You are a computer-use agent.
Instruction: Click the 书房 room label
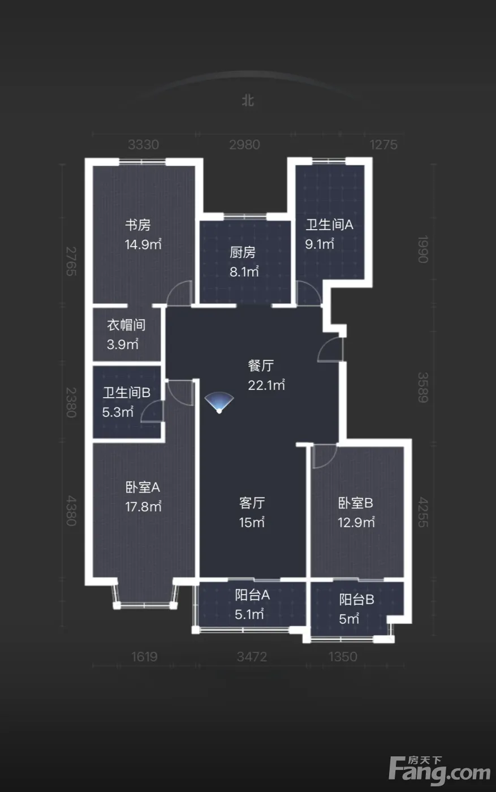pos(138,225)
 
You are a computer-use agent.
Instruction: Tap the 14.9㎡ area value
pos(143,244)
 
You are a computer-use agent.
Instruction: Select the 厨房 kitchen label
pos(243,252)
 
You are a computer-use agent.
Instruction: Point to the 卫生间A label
pos(329,225)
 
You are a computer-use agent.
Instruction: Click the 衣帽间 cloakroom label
pos(126,325)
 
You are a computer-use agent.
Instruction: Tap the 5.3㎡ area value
pos(118,412)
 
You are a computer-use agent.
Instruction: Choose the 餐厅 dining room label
pos(261,365)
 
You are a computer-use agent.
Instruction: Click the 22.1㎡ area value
pos(266,385)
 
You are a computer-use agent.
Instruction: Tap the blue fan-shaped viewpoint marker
pos(219,403)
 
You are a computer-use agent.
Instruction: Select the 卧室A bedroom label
pos(143,488)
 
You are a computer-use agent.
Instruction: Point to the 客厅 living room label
pos(252,503)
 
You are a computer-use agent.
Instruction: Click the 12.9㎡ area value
pos(356,522)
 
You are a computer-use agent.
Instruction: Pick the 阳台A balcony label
pos(252,595)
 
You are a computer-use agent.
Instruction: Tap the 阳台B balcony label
pos(357,599)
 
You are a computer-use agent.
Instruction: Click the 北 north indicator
pos(248,101)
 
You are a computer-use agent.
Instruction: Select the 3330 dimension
pos(144,145)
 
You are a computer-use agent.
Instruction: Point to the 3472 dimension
pos(252,657)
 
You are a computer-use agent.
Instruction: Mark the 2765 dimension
pos(71,261)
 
